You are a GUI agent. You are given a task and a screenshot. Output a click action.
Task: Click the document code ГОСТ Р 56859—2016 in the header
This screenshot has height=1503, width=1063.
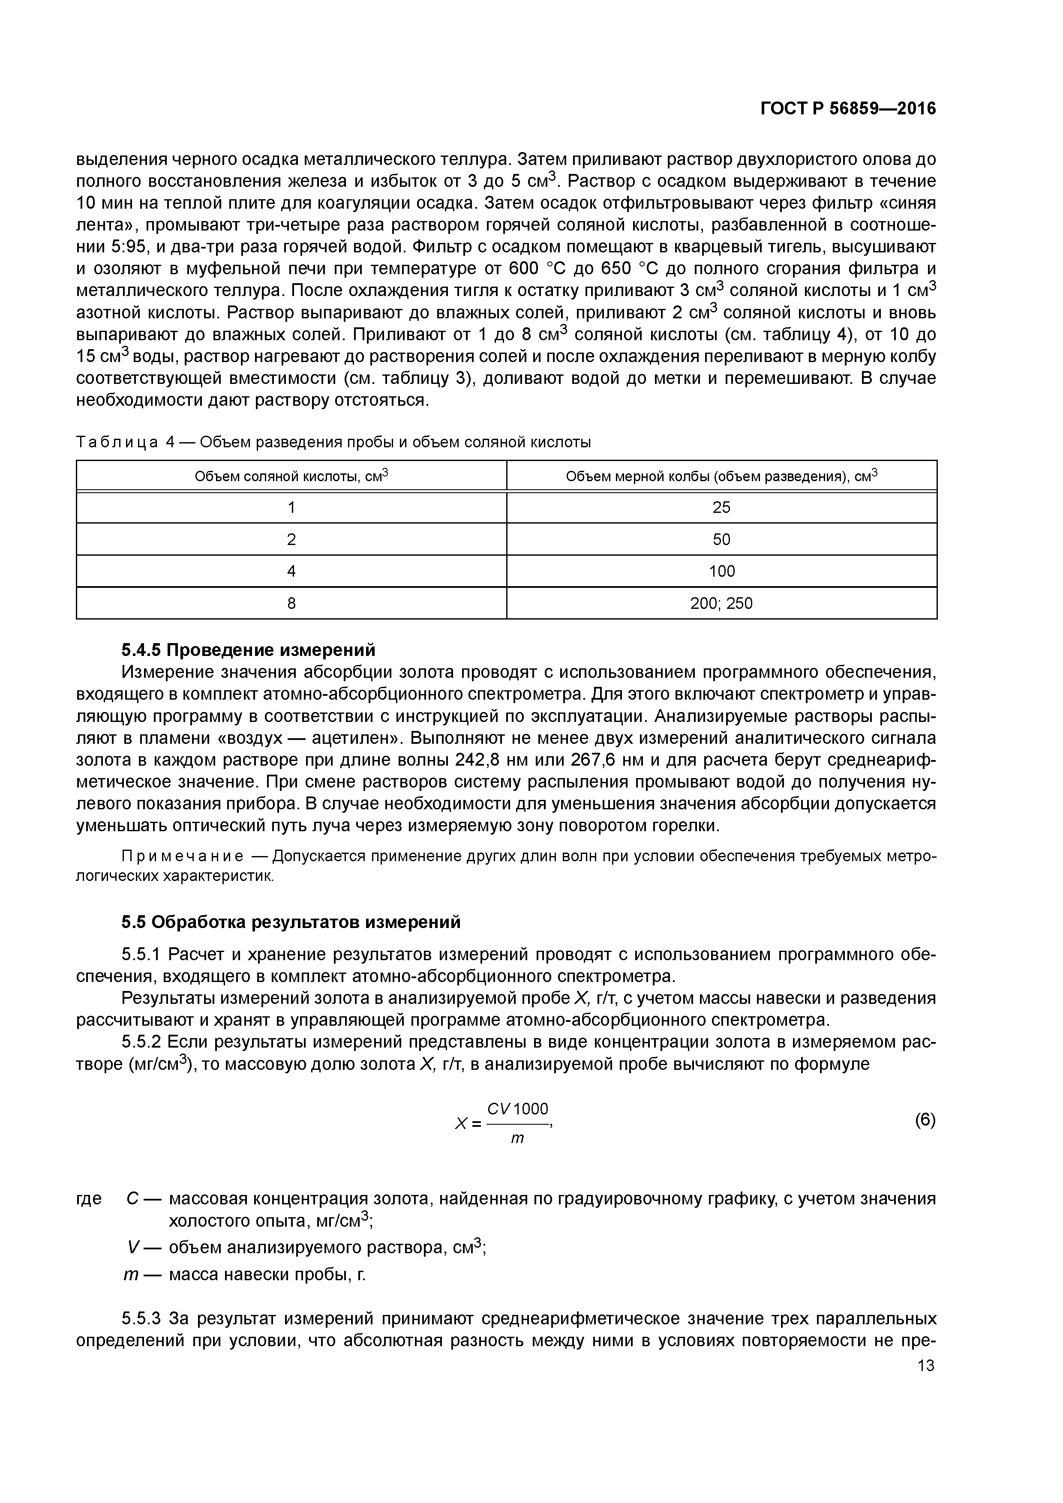[848, 109]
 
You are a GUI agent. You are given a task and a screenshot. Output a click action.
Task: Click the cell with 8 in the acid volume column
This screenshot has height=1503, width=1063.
[291, 603]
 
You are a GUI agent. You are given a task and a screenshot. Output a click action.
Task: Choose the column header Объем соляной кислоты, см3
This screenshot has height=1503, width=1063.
[291, 476]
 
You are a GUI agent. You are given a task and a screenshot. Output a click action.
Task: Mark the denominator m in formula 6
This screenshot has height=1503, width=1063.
[517, 1138]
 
